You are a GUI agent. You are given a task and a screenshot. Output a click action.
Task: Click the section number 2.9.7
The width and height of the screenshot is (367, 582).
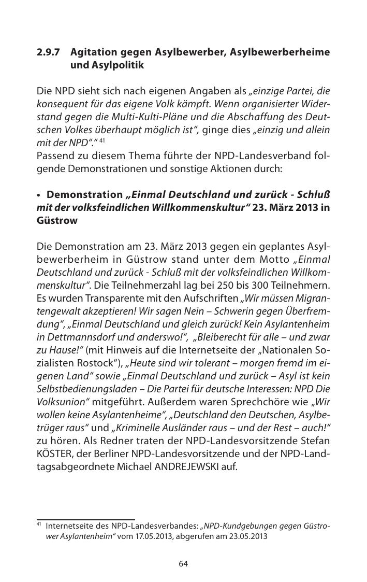(x=48, y=52)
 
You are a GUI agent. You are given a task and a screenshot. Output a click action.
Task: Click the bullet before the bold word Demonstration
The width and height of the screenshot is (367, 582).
(x=39, y=195)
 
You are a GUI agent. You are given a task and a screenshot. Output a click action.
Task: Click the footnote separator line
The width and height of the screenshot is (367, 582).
(x=85, y=519)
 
